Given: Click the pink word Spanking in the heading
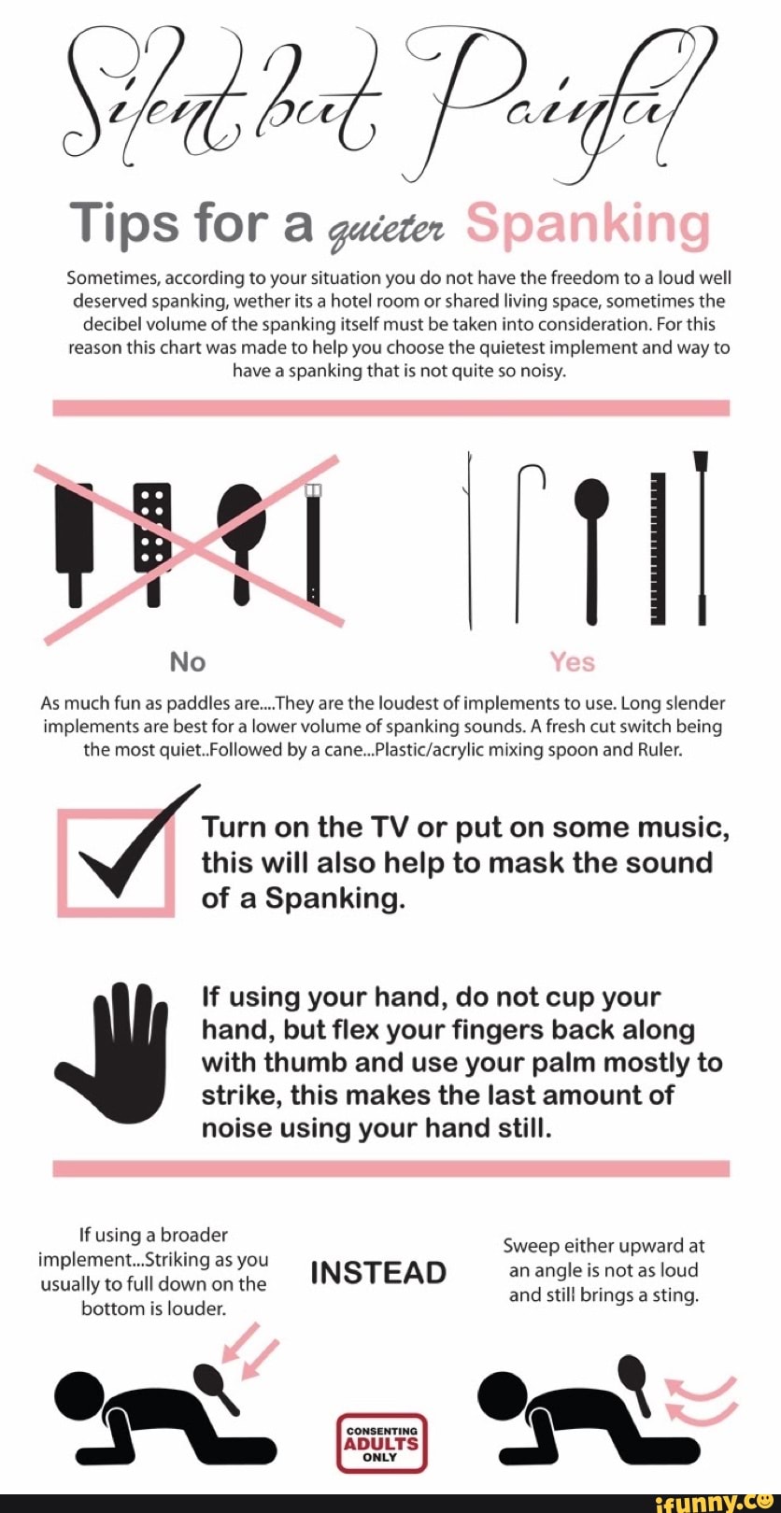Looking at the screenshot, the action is (x=588, y=226).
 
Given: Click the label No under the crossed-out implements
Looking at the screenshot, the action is (x=188, y=662).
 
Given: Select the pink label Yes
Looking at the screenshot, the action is (x=573, y=662).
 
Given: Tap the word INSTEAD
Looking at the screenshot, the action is (x=378, y=1273).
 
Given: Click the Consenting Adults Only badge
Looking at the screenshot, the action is (x=382, y=1441).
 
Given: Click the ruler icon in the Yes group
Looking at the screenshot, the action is (x=658, y=548).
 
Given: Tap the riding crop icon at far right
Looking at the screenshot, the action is (x=702, y=537).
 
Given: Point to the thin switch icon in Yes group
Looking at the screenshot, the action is (x=467, y=541).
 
